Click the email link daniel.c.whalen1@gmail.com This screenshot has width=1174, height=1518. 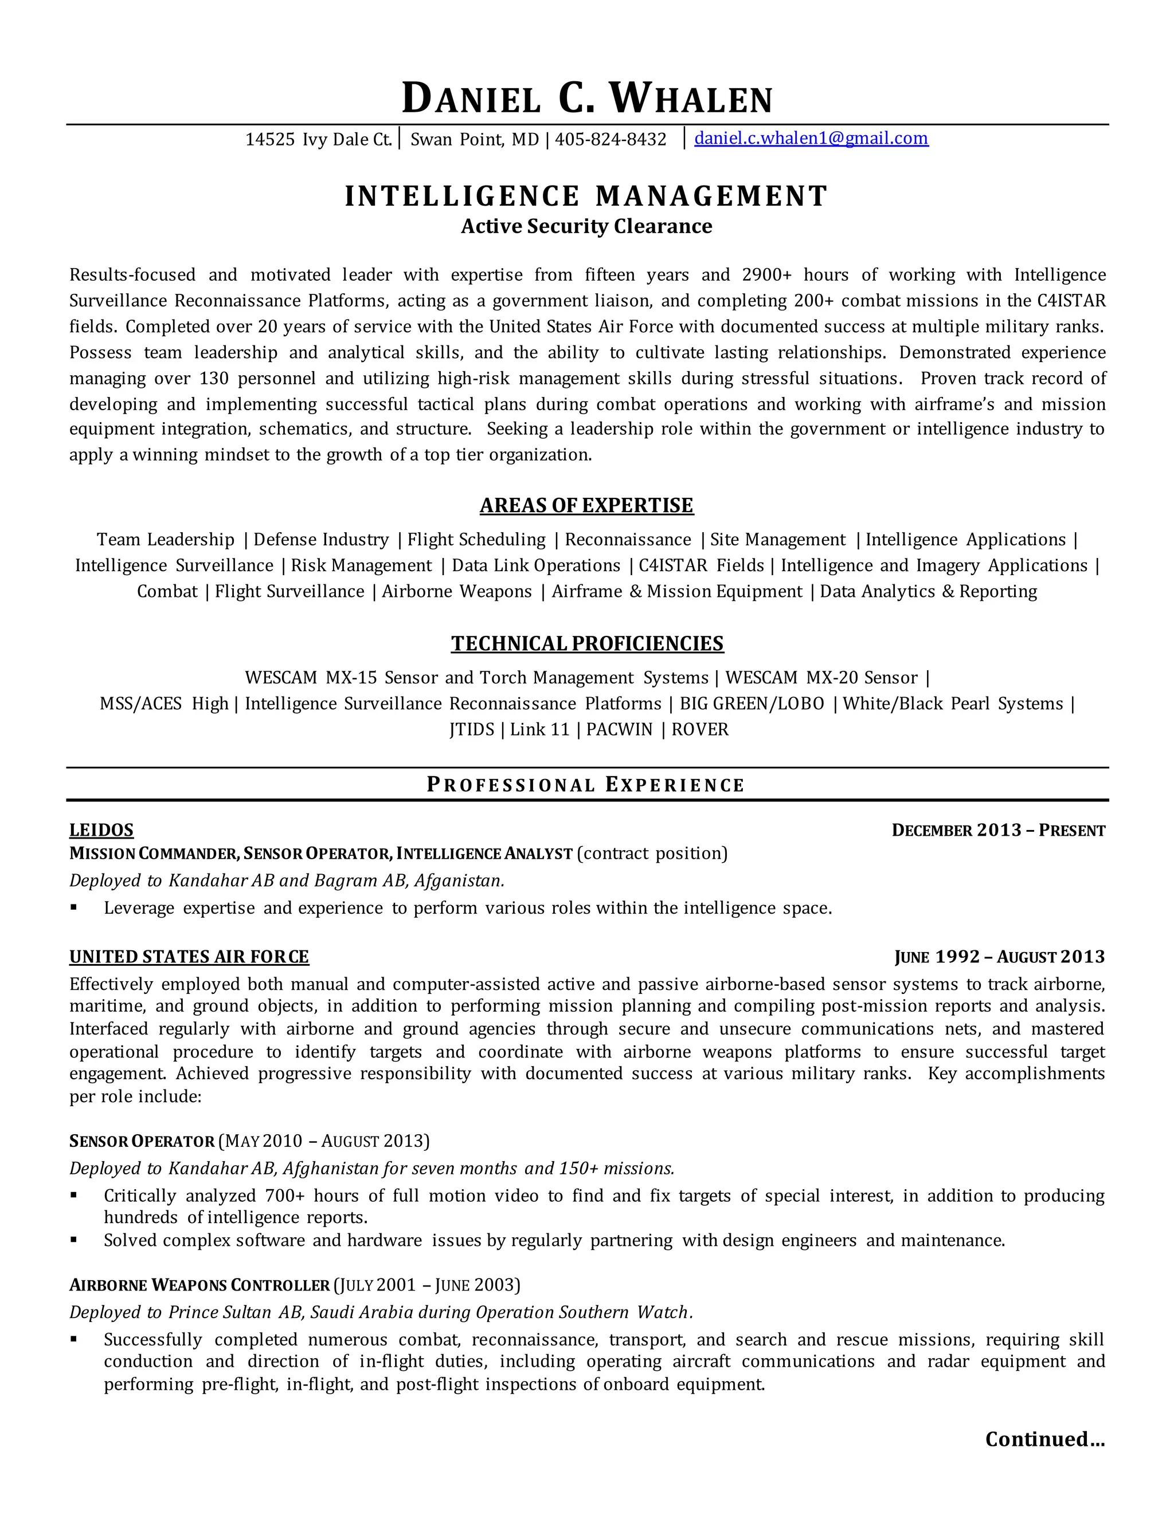(811, 138)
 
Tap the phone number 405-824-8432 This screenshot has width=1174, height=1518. (611, 140)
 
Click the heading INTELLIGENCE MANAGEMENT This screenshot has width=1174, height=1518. (586, 196)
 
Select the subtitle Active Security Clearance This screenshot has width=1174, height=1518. (586, 227)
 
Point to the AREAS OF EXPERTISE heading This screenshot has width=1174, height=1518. (586, 505)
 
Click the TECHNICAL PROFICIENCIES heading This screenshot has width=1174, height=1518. (587, 644)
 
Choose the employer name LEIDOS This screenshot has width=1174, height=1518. (101, 830)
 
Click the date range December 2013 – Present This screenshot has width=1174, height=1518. (998, 831)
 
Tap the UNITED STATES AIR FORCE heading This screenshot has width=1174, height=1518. (189, 957)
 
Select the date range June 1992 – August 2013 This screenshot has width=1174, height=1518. (999, 957)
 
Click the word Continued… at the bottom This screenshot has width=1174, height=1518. (1044, 1439)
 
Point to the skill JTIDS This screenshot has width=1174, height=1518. (472, 730)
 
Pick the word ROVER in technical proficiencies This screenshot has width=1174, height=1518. (700, 730)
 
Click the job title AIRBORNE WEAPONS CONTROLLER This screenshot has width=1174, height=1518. (199, 1285)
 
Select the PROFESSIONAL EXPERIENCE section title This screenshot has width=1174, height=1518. (586, 785)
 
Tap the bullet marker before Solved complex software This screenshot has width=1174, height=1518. (74, 1241)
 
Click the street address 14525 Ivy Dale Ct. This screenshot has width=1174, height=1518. (319, 140)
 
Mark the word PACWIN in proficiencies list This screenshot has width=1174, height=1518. (619, 730)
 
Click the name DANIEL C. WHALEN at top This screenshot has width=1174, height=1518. (587, 99)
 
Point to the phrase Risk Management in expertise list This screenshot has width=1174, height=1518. (361, 566)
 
